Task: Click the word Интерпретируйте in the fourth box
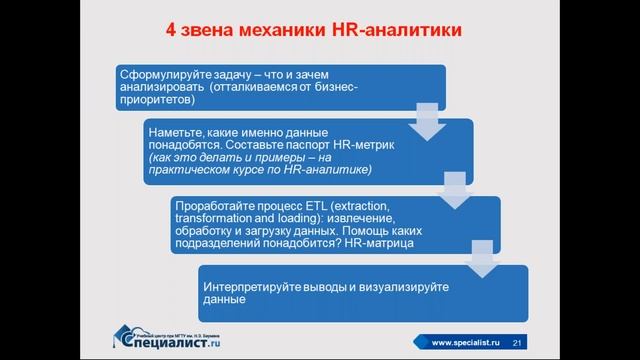point(259,286)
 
